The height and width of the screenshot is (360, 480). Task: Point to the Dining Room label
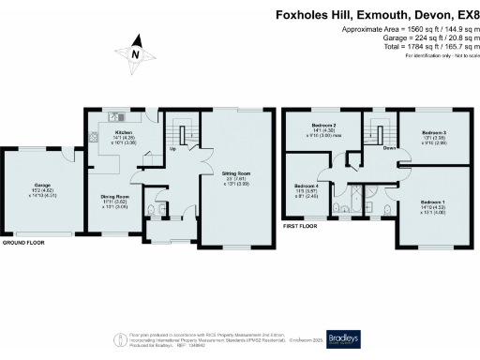click(x=114, y=196)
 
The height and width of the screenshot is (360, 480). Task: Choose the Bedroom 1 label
click(x=432, y=202)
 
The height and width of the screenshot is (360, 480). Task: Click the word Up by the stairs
click(x=172, y=148)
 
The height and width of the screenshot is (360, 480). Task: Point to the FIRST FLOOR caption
click(x=301, y=226)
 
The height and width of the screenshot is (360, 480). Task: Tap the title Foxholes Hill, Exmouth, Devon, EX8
click(x=376, y=15)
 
